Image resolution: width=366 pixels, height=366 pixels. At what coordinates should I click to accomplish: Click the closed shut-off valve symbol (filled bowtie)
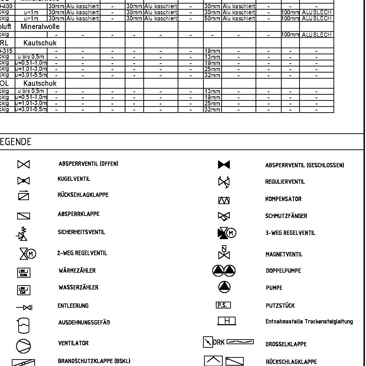tap(224, 165)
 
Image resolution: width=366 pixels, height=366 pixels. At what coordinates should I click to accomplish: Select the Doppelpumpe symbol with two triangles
tap(224, 271)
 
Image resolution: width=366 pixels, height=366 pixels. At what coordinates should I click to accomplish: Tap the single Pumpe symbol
tap(224, 287)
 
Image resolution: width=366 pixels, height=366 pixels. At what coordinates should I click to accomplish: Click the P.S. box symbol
tap(223, 305)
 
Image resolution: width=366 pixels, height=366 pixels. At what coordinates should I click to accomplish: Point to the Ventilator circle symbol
tap(24, 346)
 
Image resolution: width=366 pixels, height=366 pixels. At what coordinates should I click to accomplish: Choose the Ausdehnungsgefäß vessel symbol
tap(23, 325)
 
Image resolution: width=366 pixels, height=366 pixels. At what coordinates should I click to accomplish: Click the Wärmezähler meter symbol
tap(24, 273)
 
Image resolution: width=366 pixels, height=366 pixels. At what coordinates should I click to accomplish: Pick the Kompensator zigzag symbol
tap(224, 201)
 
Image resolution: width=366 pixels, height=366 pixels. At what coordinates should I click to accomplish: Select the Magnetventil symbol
tap(224, 252)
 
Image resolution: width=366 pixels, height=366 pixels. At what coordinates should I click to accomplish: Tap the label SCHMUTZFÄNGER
tap(286, 216)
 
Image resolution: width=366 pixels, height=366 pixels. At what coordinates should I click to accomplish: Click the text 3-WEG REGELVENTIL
tap(290, 233)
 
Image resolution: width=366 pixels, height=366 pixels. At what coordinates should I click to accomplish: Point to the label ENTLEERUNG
tap(73, 306)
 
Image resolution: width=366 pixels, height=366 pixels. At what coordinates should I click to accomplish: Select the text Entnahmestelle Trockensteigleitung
tap(309, 322)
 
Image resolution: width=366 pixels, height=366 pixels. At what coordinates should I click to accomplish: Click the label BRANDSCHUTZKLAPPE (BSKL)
tap(94, 361)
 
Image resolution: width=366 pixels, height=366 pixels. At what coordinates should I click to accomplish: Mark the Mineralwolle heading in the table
tap(40, 27)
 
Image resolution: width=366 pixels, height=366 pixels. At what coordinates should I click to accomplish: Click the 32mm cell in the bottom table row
tap(212, 110)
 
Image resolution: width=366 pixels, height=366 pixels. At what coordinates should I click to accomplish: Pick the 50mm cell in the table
tap(212, 18)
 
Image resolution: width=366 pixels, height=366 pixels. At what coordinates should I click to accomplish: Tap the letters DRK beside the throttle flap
tap(219, 342)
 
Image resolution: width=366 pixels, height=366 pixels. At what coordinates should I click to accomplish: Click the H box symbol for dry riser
tap(227, 321)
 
